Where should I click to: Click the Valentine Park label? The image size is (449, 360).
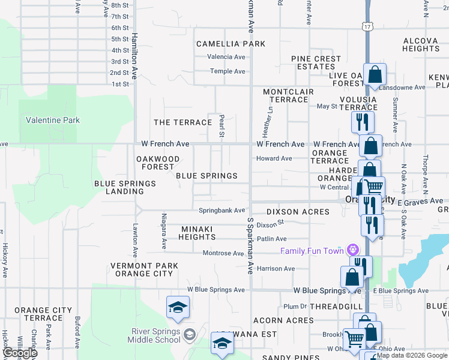click(x=53, y=120)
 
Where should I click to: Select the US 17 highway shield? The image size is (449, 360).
click(x=367, y=26)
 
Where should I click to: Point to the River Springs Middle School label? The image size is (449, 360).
click(x=156, y=335)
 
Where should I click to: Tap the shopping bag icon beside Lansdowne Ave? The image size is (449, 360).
click(x=375, y=76)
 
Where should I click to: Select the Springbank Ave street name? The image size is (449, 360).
click(x=222, y=211)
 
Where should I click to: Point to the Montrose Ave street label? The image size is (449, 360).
click(x=223, y=253)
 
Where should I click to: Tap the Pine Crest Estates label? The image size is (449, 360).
click(x=316, y=62)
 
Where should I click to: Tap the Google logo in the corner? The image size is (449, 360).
click(x=20, y=353)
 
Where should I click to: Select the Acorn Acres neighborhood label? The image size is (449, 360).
click(x=283, y=320)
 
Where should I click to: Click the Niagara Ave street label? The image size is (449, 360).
click(x=164, y=231)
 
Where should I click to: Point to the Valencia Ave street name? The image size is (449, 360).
click(x=226, y=57)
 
